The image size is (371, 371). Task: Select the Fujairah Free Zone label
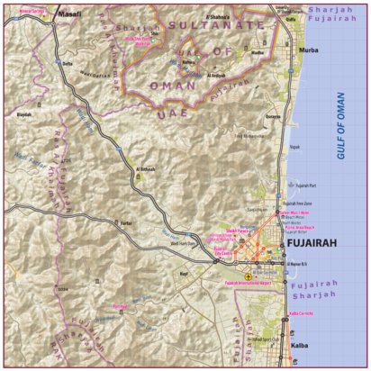[290, 205]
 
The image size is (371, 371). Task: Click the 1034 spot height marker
[62, 289]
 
